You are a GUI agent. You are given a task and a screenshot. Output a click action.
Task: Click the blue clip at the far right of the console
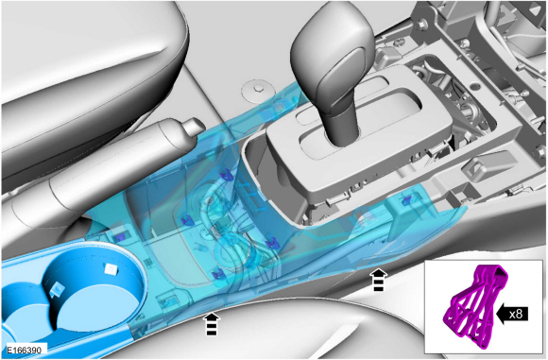[x=406, y=201]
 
